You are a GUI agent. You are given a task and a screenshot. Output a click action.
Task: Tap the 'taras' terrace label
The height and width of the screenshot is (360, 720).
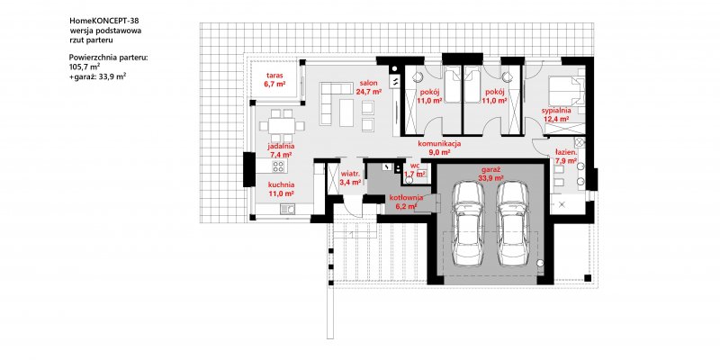(x=275, y=76)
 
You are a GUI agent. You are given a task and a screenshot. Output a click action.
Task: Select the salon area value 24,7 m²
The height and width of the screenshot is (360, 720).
(x=369, y=92)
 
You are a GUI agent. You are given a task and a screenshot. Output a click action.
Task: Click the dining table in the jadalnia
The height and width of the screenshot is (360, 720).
(x=282, y=125)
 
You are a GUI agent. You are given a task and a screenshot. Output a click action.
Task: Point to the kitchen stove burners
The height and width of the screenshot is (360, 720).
(x=278, y=166)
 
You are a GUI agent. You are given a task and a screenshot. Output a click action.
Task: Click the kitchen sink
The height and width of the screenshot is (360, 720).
(x=287, y=210)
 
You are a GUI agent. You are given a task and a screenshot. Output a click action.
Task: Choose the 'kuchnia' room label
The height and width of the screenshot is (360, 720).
(x=281, y=185)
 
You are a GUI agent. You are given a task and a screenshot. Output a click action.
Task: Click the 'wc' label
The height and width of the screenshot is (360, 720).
(x=415, y=166)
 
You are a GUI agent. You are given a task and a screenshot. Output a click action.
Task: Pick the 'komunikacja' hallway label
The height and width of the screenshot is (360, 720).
(x=439, y=144)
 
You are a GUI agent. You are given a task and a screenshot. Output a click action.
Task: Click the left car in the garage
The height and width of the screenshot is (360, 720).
(x=468, y=223)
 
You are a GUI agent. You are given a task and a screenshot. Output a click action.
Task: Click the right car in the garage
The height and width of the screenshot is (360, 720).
(x=513, y=223)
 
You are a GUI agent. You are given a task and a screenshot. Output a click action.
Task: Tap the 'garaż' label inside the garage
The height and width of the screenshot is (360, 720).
(x=490, y=169)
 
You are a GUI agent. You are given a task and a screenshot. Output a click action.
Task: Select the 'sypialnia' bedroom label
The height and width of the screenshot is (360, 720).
(x=555, y=111)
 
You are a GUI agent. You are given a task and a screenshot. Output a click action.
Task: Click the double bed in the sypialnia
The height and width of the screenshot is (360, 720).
(x=566, y=92)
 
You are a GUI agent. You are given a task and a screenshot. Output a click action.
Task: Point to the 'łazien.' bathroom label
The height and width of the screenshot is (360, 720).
(x=565, y=153)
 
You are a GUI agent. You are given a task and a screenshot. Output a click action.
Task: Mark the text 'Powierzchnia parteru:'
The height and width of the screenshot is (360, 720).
(x=108, y=58)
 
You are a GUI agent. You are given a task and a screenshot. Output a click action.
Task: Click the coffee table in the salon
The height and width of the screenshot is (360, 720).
(x=346, y=113)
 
